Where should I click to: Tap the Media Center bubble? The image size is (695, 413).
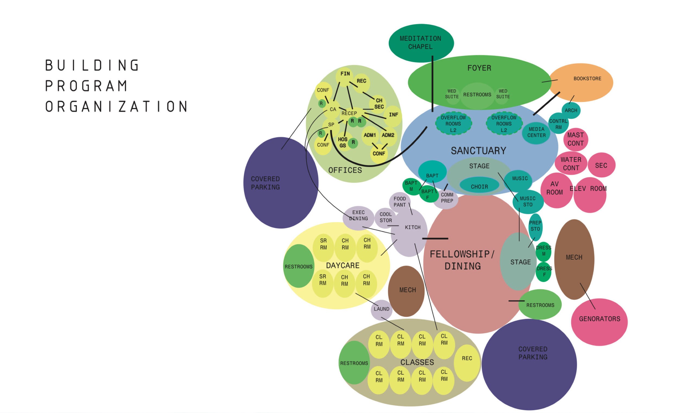coord(536,133)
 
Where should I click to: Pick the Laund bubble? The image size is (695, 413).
coord(381,309)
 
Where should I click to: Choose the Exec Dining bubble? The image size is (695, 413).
coord(358,216)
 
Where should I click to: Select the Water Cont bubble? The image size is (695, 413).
coord(571,164)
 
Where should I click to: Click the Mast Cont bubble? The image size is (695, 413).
coord(575,139)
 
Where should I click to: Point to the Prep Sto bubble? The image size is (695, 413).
coord(535,226)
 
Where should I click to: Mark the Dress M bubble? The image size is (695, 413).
coord(543,251)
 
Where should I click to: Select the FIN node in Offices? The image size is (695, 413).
coord(345,74)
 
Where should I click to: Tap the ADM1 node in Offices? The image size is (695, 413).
coord(370,135)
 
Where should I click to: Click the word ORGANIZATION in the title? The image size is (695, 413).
coord(116,107)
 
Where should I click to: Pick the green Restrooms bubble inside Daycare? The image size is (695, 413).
coord(299,267)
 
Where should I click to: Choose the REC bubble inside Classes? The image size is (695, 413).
coord(467,358)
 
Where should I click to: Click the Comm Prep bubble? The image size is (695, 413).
coord(447,198)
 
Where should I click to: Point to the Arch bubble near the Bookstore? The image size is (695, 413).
coord(571,111)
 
